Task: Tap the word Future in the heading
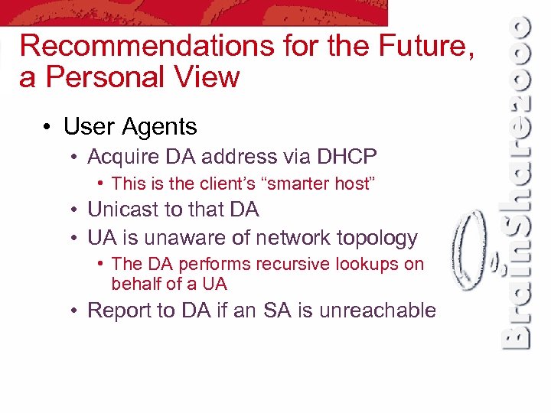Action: [x=424, y=47]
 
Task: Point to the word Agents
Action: [x=162, y=126]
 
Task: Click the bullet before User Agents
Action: [x=47, y=126]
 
